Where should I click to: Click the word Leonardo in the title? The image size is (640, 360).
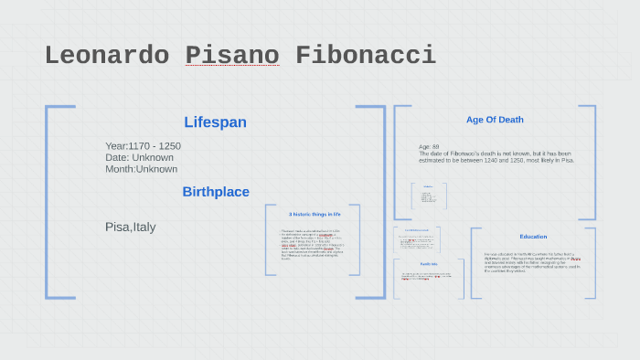pyautogui.click(x=106, y=55)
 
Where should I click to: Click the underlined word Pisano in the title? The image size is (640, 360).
pyautogui.click(x=232, y=55)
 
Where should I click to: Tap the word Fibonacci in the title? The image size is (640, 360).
pyautogui.click(x=366, y=55)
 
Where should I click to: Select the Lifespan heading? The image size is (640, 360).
pyautogui.click(x=215, y=122)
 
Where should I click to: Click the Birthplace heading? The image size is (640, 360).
pyautogui.click(x=216, y=192)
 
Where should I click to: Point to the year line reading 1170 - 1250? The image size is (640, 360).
pyautogui.click(x=143, y=146)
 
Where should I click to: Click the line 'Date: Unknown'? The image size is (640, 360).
pyautogui.click(x=139, y=157)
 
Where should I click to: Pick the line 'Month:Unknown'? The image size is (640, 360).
pyautogui.click(x=141, y=169)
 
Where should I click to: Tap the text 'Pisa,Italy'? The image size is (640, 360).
pyautogui.click(x=131, y=227)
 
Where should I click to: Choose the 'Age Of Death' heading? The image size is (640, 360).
pyautogui.click(x=495, y=120)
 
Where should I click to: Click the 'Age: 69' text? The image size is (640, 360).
pyautogui.click(x=429, y=146)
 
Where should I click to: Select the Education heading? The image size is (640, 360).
pyautogui.click(x=533, y=237)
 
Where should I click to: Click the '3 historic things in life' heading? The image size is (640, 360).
pyautogui.click(x=314, y=214)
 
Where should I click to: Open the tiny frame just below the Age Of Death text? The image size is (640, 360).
pyautogui.click(x=428, y=196)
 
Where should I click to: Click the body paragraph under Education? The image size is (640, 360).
pyautogui.click(x=532, y=262)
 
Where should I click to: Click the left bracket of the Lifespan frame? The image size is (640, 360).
pyautogui.click(x=48, y=201)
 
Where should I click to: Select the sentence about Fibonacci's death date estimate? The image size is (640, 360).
pyautogui.click(x=496, y=157)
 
